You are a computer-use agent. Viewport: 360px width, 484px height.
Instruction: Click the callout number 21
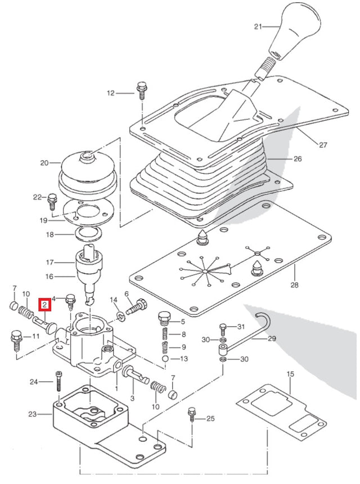[x=258, y=26]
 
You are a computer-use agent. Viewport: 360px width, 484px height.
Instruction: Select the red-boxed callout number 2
[x=44, y=306]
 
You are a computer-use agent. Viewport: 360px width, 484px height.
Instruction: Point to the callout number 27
[x=322, y=145]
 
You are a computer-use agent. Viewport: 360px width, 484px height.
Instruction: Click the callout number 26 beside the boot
[x=298, y=159]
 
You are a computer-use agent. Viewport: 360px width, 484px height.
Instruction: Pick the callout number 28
[x=294, y=285]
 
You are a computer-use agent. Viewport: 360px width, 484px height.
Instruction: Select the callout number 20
[x=44, y=164]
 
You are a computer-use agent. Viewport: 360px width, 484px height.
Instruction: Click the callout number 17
[x=49, y=262]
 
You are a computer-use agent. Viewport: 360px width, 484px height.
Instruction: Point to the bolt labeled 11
[x=16, y=340]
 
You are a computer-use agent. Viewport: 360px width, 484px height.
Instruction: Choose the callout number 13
[x=183, y=359]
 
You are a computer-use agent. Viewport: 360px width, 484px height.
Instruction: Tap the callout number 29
[x=272, y=339]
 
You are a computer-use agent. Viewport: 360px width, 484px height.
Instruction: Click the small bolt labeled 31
[x=223, y=328]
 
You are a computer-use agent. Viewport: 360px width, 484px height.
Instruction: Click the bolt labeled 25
[x=192, y=417]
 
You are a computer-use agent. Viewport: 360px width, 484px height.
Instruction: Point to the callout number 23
[x=33, y=414]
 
